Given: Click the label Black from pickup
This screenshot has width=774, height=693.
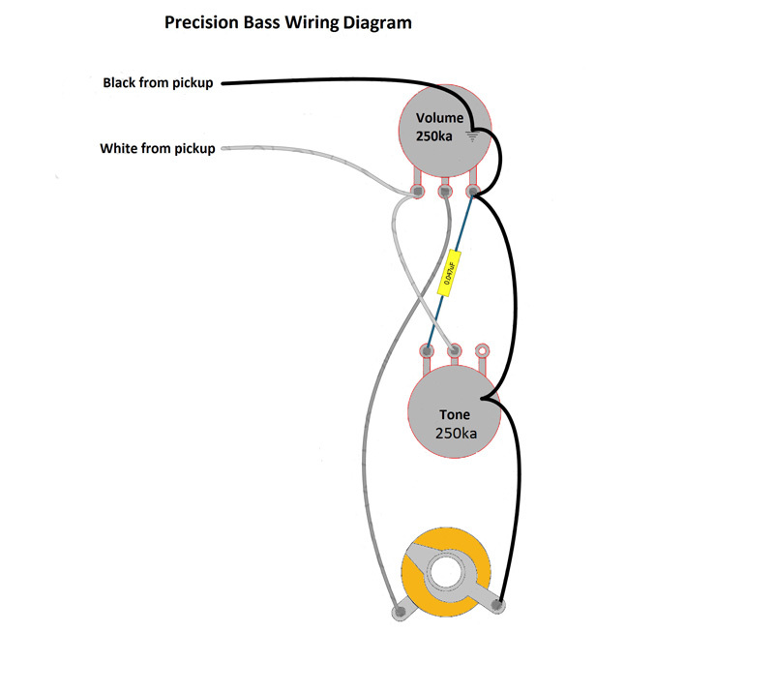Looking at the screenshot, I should click(158, 83).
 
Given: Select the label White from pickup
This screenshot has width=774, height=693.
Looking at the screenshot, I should click(158, 149).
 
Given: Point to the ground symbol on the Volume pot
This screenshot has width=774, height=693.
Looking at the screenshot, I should click(471, 136).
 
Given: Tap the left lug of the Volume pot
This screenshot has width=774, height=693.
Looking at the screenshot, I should click(417, 192).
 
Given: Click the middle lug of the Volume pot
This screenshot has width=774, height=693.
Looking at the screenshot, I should click(445, 192).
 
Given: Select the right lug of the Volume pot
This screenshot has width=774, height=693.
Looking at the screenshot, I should click(474, 192).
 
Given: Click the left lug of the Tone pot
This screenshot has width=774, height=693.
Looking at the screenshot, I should click(427, 349).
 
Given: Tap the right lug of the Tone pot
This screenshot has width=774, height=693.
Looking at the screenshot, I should click(482, 349).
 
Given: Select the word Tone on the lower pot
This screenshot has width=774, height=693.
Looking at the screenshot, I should click(455, 415).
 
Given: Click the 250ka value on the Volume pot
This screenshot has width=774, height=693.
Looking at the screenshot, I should click(434, 137).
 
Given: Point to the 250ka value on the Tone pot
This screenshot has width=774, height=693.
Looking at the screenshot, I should click(456, 434).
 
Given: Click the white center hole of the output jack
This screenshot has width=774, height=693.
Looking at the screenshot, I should click(448, 572).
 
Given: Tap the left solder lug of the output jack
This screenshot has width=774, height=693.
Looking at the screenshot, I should click(398, 612).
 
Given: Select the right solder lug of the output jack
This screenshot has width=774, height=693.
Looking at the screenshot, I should click(498, 607).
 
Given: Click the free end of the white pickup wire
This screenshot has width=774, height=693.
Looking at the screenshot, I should click(224, 149).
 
